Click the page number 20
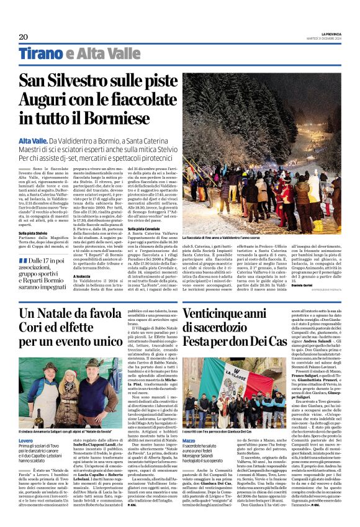click(x=24, y=37)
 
